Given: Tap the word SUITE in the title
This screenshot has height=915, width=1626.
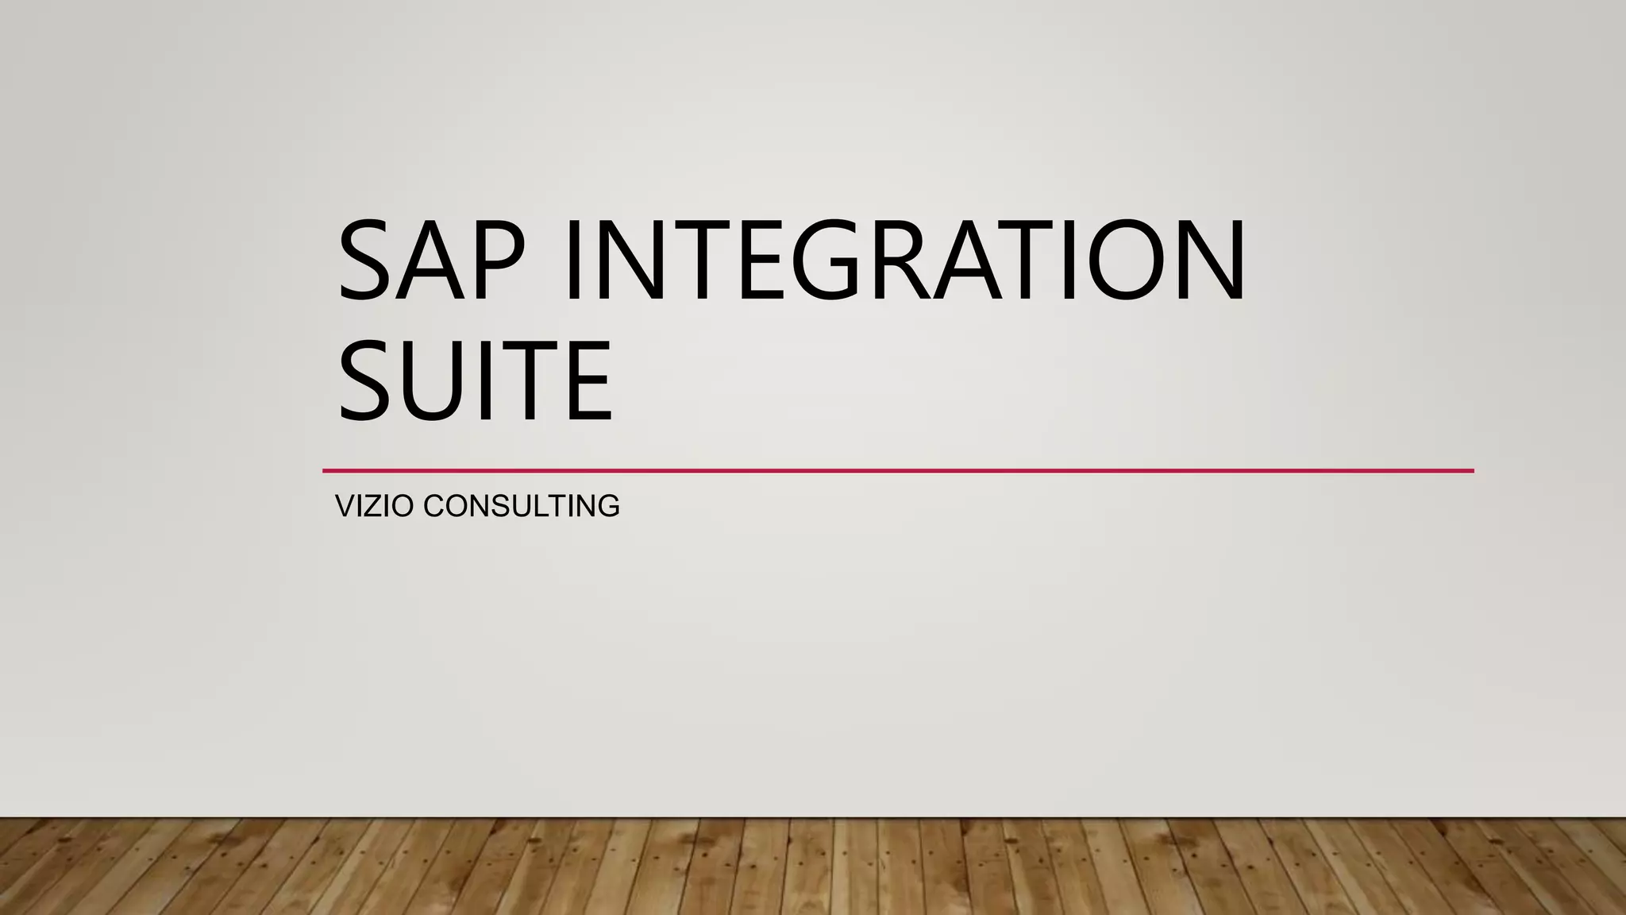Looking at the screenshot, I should (475, 380).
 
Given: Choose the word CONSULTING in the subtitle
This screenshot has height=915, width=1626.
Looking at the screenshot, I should (522, 506).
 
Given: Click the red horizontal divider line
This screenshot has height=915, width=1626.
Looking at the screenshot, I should (897, 471).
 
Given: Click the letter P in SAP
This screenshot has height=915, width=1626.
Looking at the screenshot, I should (497, 260).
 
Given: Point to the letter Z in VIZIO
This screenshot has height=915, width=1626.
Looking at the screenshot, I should (374, 506).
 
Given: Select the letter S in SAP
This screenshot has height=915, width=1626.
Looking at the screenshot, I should (367, 260).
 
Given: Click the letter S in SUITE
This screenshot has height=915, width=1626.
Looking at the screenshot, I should (367, 380).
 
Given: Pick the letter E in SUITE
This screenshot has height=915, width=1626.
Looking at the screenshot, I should (587, 380).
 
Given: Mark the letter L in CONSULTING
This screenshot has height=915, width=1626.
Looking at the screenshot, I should (539, 506).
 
